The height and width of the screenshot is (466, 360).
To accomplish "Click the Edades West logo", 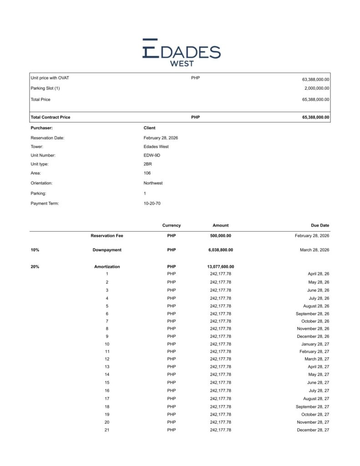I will [181, 53].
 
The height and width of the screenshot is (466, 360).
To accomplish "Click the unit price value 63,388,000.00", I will [315, 79].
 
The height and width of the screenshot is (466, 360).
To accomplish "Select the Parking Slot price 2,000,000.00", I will [317, 88].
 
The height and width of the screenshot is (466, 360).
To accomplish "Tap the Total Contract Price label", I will [51, 117].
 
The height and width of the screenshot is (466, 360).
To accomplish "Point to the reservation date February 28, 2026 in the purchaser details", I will [161, 137].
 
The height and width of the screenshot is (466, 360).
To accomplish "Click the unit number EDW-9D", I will [152, 155].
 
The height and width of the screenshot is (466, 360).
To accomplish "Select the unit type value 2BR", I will [147, 164].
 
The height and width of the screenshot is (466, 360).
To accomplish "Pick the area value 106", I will [147, 173].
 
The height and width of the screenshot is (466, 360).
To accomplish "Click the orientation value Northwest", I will [153, 183].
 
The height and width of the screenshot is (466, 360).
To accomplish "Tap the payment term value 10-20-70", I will [152, 203].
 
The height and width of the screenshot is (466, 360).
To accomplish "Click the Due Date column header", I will [320, 225].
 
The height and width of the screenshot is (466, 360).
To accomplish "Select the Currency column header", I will [171, 225].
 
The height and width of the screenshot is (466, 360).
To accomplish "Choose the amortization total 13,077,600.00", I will [220, 267].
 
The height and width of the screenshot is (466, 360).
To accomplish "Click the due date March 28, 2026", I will [313, 250].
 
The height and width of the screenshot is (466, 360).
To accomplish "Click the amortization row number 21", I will [107, 430].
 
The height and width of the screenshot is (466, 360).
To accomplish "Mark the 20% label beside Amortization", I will [35, 267].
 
